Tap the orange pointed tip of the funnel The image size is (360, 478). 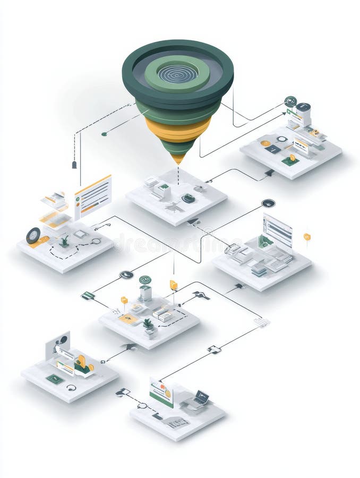click(x=178, y=158)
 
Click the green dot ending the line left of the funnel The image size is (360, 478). click(x=104, y=134)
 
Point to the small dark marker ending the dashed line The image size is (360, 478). click(x=74, y=165)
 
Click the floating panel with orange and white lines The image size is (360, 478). click(x=93, y=196)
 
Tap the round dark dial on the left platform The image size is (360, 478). click(x=33, y=235)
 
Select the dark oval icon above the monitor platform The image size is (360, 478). click(x=269, y=203)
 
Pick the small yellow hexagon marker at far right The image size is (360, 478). click(x=307, y=236)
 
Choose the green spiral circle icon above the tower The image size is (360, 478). click(x=145, y=279)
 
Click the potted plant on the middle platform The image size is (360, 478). click(x=148, y=324)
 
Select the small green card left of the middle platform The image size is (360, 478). click(x=88, y=296)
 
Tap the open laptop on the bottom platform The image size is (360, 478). click(x=201, y=398)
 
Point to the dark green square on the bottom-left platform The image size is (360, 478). click(x=55, y=379)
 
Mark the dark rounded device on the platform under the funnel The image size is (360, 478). click(x=188, y=198)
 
